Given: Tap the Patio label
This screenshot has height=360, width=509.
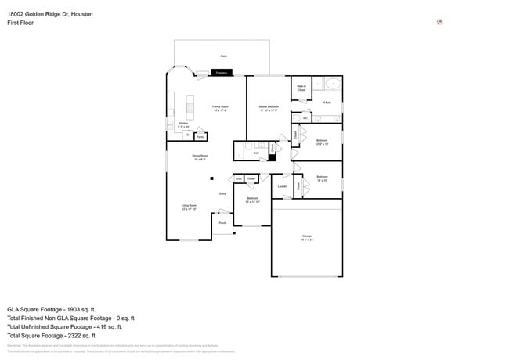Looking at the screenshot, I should (223, 56).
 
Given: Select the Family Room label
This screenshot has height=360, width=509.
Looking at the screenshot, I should (220, 108).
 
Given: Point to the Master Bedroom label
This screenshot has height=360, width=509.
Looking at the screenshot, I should (269, 108).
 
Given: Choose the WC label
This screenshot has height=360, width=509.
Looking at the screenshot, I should (305, 118).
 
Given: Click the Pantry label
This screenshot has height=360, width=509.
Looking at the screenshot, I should (200, 137).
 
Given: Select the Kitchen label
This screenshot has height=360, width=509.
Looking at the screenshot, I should (182, 124).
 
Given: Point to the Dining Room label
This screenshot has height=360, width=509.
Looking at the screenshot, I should (200, 157).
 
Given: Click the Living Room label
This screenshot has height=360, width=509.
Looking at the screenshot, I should (189, 207).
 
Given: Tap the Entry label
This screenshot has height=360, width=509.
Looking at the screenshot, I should (222, 193).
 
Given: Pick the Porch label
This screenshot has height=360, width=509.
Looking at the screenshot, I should (222, 223).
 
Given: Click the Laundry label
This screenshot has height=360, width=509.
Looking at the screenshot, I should (282, 186).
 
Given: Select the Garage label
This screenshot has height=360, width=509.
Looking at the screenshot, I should (307, 236).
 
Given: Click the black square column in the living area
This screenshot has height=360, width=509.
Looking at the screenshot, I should (210, 178).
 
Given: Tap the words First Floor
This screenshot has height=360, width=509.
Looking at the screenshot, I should (19, 23).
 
